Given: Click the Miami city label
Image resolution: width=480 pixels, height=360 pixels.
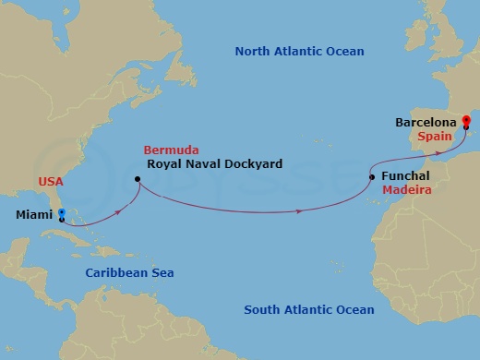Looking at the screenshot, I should click(x=34, y=216).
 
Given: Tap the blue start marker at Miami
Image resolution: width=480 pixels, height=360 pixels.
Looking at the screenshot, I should click(x=62, y=212).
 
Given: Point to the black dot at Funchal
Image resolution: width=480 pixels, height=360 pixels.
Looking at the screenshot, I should click(x=371, y=176).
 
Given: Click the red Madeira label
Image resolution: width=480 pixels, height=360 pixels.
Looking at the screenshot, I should click(x=403, y=191).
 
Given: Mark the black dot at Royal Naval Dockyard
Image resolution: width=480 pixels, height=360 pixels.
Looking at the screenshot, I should click(x=137, y=179).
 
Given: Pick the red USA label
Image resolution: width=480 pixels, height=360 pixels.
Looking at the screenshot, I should click(x=51, y=182).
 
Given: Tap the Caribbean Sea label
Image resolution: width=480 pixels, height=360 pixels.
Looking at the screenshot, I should click(x=129, y=272).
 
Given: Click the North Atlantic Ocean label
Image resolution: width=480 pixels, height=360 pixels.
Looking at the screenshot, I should click(x=299, y=52).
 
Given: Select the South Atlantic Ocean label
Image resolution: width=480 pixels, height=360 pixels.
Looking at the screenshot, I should click(x=308, y=309).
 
